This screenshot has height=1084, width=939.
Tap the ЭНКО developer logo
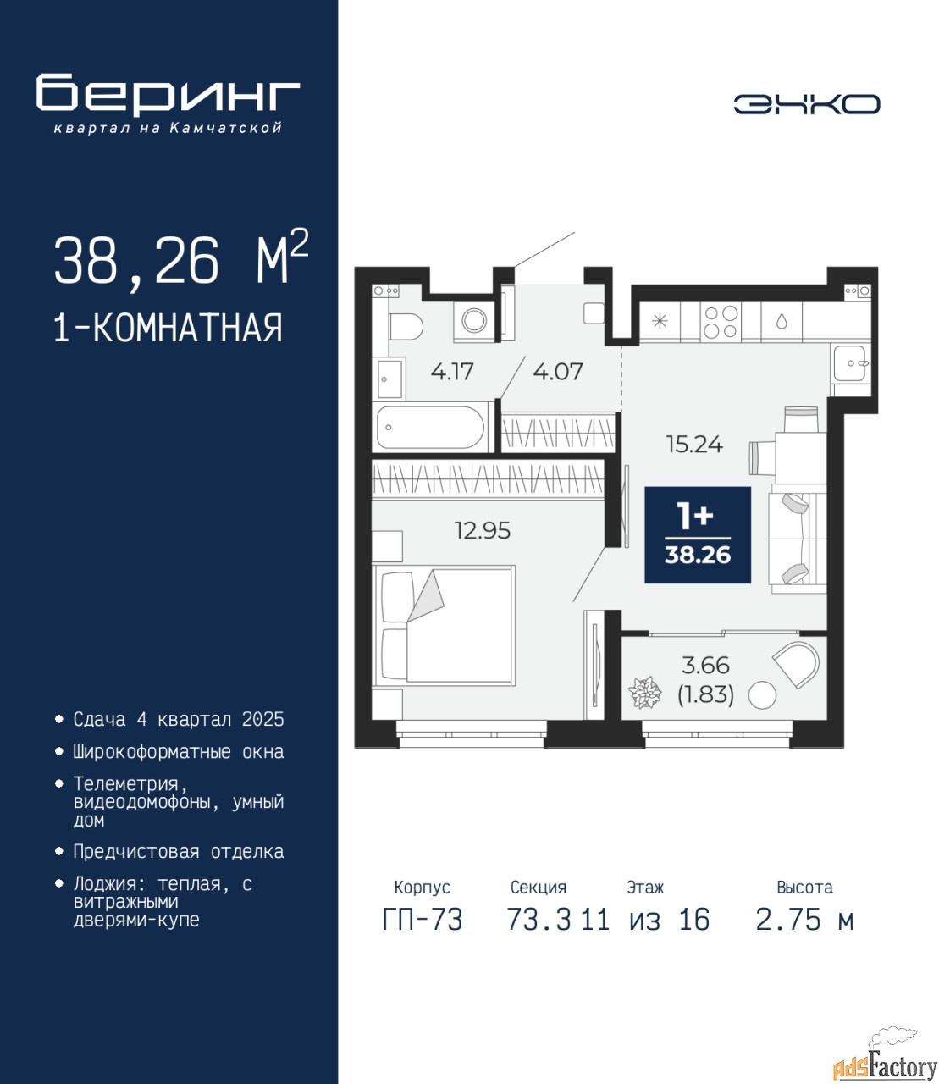[x=807, y=104]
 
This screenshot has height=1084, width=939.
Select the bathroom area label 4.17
[x=452, y=371]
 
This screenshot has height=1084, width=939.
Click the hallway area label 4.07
[x=558, y=371]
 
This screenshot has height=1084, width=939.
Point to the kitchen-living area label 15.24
[x=694, y=445]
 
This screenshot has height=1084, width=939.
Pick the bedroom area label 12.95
[x=483, y=531]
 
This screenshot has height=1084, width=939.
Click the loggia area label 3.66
[x=705, y=666]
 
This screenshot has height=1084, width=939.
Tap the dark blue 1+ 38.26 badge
[x=698, y=534]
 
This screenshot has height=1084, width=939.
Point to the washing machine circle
[x=474, y=320]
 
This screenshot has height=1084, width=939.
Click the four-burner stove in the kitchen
[x=720, y=322]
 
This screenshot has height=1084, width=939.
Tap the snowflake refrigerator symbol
[x=659, y=321]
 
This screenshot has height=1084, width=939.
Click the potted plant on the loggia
[x=643, y=693]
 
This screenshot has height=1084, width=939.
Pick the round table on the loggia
[x=762, y=696]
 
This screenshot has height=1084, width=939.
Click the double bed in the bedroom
[x=444, y=625]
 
